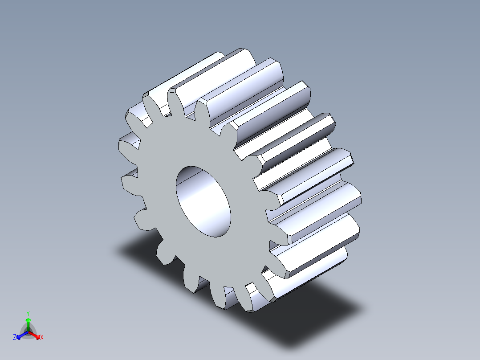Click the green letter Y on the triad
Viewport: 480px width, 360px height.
tap(28, 313)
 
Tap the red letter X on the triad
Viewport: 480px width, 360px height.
tap(41, 338)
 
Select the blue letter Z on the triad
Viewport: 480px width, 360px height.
tap(15, 338)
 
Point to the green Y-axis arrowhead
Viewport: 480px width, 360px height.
tap(28, 320)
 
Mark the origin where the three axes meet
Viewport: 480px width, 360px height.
tap(28, 332)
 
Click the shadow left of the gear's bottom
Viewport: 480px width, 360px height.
tap(138, 250)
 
